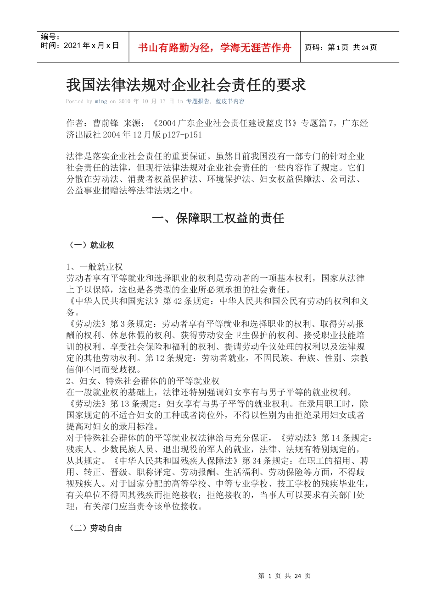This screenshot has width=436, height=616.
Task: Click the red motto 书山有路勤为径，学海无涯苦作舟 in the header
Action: coord(214,48)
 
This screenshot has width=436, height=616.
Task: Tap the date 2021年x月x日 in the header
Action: coord(91,45)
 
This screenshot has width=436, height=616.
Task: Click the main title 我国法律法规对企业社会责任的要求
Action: coord(186,85)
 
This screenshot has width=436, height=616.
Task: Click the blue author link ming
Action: coord(101,101)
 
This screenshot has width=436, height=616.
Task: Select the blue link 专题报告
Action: coord(197,101)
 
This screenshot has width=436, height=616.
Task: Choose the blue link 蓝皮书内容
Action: coord(230,101)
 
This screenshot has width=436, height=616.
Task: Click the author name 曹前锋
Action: coord(106,123)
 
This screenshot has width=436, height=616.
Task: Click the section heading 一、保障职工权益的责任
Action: coord(218,218)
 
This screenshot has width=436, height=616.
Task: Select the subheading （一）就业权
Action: coord(90,245)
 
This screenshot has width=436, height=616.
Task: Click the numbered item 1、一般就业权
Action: coord(95,267)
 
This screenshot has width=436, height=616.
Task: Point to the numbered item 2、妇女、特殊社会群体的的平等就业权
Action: coord(143,381)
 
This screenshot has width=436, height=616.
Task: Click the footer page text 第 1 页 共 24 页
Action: coord(285,576)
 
